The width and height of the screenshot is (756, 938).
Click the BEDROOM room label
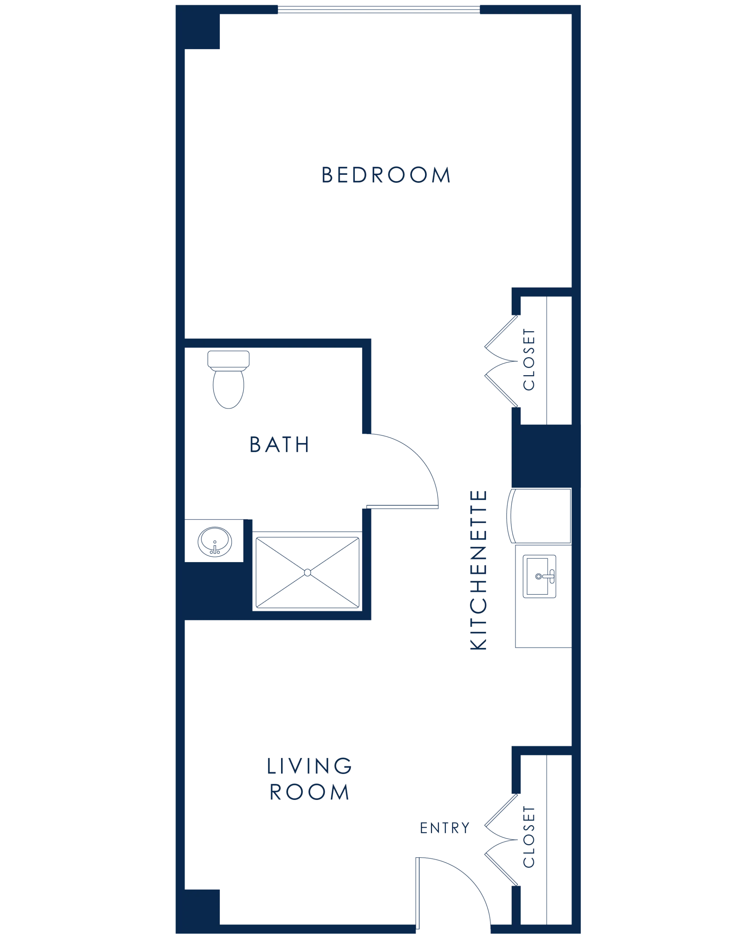click(387, 175)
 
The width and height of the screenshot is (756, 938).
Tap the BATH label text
click(279, 444)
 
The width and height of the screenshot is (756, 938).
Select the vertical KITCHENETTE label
click(478, 570)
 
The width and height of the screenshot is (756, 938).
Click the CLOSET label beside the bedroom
click(530, 361)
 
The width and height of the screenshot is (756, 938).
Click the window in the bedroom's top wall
click(378, 9)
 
